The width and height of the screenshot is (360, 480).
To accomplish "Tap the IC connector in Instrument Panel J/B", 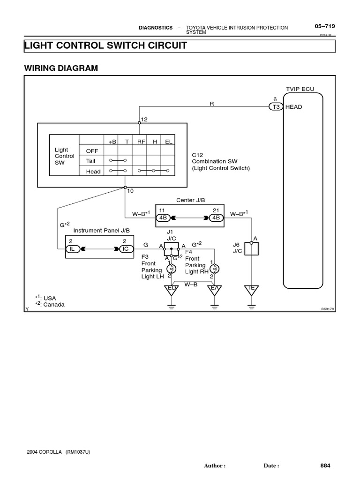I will click(x=125, y=248).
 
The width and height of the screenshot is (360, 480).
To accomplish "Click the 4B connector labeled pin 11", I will click(x=162, y=217).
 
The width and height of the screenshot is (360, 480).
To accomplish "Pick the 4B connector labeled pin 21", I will click(x=216, y=217).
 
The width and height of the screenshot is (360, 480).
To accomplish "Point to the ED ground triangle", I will click(x=172, y=290).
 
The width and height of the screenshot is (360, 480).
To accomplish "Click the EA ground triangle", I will click(x=215, y=290).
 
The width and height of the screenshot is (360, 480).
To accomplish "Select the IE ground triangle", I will click(x=252, y=290).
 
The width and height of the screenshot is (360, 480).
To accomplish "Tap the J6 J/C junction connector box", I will click(x=252, y=248).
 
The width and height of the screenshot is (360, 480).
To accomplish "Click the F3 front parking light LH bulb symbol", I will click(x=172, y=269).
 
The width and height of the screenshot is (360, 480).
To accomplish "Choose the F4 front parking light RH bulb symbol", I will click(x=215, y=269).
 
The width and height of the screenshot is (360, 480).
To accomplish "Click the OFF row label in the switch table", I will click(x=92, y=150).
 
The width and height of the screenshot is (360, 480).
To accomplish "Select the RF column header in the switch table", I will click(x=141, y=141).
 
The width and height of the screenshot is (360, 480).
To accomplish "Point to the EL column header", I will click(x=169, y=141).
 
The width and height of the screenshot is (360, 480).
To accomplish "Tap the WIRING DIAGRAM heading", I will click(x=61, y=68).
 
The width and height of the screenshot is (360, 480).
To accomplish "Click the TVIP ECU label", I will click(x=300, y=89).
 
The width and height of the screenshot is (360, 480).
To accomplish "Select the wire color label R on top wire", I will click(x=211, y=103).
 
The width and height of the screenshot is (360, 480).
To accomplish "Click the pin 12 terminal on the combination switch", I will click(x=140, y=123).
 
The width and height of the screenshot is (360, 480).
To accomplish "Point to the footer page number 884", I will click(x=325, y=466).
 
